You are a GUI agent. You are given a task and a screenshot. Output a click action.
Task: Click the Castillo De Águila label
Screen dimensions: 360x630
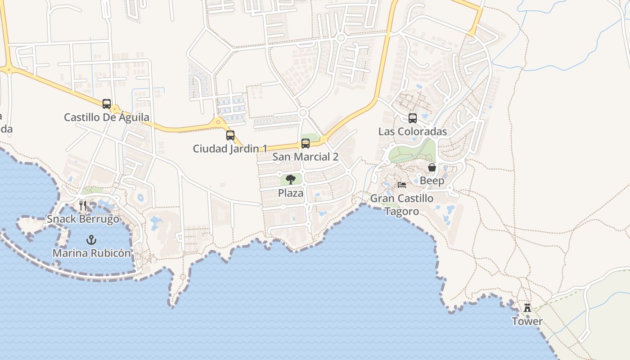[107, 117]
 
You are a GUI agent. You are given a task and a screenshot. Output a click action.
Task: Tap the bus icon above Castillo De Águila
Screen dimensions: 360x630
[107, 104]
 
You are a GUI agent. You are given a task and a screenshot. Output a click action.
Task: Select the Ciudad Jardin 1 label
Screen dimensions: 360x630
[230, 148]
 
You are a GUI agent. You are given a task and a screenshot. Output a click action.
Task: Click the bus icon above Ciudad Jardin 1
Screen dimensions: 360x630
[230, 135]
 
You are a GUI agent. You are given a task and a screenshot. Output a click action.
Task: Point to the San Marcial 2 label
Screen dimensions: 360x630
[305, 157]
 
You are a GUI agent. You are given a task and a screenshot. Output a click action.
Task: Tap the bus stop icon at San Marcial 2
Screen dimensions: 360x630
[306, 144]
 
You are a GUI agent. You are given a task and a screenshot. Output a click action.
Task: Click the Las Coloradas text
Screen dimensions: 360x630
[412, 131]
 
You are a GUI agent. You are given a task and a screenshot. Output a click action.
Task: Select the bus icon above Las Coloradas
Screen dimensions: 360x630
[413, 118]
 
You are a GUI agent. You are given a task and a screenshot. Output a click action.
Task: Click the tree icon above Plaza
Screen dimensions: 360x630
[291, 180]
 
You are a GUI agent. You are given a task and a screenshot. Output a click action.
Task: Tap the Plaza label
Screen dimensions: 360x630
[291, 193]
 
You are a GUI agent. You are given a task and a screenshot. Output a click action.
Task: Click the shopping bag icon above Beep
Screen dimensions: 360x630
[432, 167]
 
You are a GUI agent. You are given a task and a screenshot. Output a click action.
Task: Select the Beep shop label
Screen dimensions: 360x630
[432, 181]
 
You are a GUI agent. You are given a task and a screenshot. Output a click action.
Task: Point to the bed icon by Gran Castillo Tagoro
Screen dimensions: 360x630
[402, 185]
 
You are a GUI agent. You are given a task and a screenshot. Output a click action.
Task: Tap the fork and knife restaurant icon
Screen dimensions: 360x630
[83, 206]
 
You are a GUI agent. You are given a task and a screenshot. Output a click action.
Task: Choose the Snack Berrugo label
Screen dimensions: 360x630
[83, 219]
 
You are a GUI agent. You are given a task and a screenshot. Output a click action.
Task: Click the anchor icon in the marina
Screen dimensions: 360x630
[91, 239]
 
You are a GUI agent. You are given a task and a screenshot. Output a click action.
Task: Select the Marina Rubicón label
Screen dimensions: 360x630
[92, 253]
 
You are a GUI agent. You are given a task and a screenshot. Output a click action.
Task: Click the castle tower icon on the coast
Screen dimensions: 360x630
[527, 308]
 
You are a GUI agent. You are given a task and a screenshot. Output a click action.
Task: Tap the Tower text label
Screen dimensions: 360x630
[527, 321]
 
